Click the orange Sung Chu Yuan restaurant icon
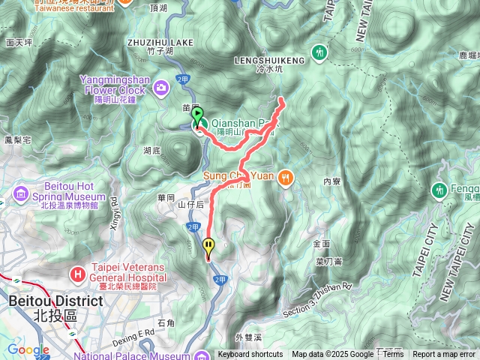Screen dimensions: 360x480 pos(285,178)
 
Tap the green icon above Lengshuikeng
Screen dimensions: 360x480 pos(320,52)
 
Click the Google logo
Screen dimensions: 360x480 pos(28,349)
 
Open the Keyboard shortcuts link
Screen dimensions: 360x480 pos(250,355)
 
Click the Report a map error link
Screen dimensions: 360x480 pos(444,355)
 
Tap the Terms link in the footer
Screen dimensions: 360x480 pos(393,355)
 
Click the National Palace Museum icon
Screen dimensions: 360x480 pos(201,355)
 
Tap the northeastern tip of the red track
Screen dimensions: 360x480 pos(281,99)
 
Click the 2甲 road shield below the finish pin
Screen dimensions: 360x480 pos(220,279)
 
